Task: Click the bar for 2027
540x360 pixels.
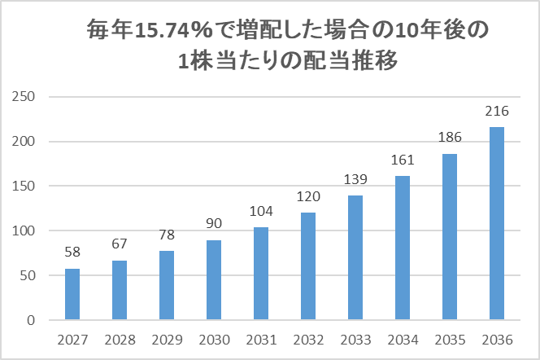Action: (x=72, y=294)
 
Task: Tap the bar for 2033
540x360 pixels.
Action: (x=355, y=258)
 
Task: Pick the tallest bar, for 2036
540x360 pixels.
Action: (x=496, y=224)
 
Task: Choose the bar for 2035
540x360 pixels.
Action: (x=449, y=237)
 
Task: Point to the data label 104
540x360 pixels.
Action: (x=261, y=213)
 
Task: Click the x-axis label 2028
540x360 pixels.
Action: (x=120, y=340)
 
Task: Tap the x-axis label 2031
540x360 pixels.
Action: (x=261, y=340)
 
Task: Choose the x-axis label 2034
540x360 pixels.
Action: (x=402, y=340)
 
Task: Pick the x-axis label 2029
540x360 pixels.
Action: (x=167, y=340)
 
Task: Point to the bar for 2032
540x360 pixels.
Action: (x=308, y=266)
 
